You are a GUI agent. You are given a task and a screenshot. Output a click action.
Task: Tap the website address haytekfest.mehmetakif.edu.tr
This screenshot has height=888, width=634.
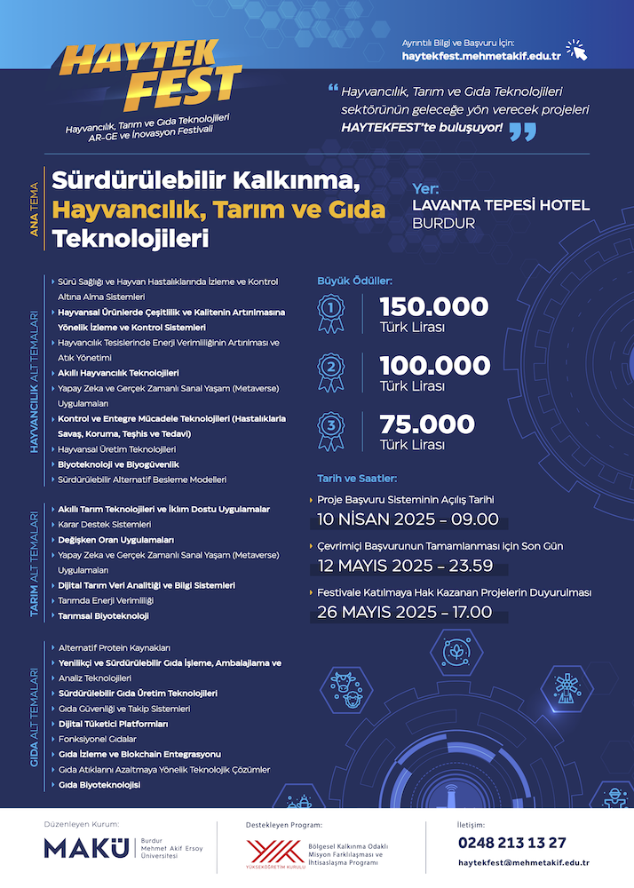480,56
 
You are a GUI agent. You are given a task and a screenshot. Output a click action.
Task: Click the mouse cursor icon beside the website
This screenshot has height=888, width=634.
577,50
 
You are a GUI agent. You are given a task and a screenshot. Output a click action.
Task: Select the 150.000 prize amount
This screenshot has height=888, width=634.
434,306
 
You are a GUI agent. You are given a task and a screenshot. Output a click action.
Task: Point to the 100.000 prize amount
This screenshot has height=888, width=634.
435,365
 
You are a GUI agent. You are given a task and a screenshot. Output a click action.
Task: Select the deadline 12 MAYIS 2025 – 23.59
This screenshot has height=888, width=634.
407,566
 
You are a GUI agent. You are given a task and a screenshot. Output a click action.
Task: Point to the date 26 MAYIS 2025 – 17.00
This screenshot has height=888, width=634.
404,612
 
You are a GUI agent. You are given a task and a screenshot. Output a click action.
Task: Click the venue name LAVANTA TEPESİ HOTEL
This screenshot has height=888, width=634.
501,205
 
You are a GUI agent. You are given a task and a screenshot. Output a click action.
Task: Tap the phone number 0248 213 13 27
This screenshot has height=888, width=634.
512,842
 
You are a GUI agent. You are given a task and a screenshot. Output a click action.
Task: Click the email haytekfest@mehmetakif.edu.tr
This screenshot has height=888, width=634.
524,863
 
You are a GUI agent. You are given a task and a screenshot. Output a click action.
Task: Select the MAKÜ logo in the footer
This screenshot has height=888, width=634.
85,848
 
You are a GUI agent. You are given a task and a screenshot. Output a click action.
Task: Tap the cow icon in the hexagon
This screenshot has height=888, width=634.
343,689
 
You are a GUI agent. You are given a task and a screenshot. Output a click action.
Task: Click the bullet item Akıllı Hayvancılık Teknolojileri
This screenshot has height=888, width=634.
118,373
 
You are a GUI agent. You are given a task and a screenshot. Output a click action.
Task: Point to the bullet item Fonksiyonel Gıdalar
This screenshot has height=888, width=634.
97,739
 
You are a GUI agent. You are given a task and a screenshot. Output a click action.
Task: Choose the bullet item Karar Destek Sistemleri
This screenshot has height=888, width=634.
104,524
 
